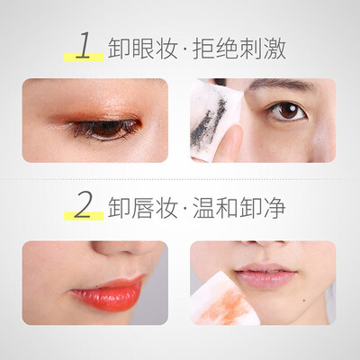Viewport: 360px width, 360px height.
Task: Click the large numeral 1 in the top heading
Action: point(84,45)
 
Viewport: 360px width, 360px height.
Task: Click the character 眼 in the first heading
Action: point(141,49)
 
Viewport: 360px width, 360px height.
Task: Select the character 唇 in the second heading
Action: point(141,207)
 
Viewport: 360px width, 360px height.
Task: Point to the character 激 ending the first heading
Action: point(274,49)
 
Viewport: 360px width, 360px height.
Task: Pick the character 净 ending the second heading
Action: point(274,207)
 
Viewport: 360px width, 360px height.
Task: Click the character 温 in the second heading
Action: point(203,207)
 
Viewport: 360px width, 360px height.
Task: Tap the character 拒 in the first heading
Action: point(203,49)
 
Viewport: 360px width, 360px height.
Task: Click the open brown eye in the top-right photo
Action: point(287,111)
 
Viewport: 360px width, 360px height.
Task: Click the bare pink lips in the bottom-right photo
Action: point(265,275)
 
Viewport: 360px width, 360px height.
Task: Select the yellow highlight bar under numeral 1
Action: point(84,57)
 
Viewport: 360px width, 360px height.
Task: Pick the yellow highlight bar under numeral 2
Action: point(84,216)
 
